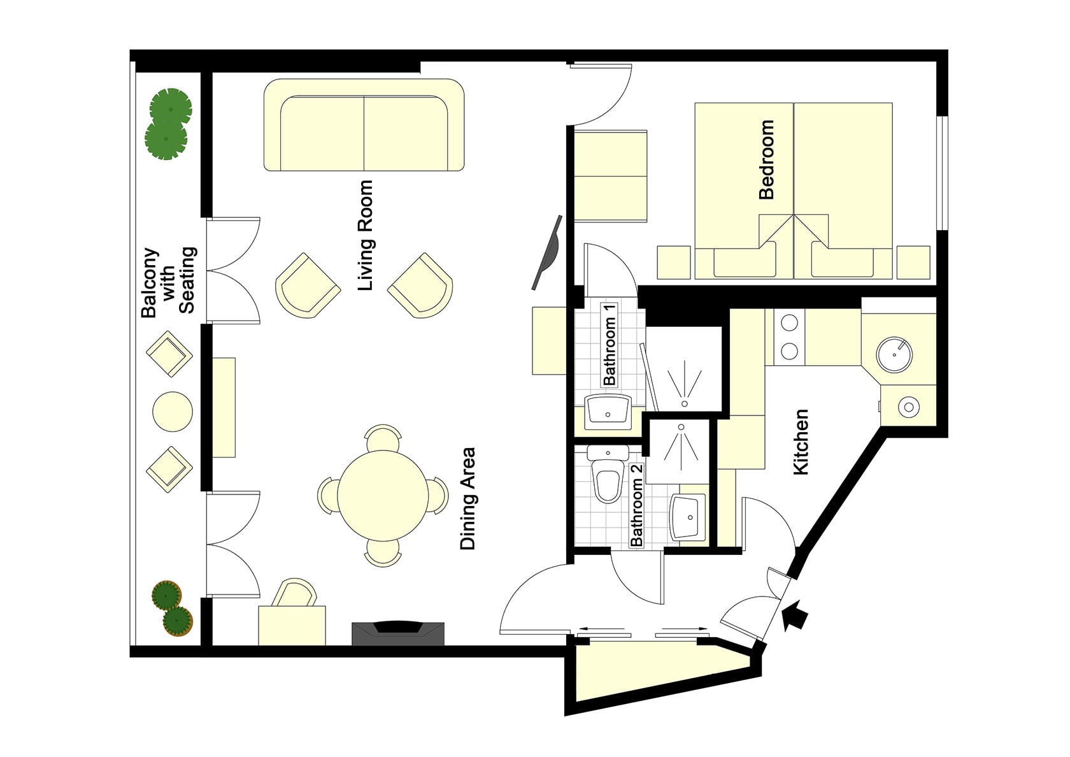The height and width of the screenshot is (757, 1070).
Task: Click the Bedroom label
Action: tap(766, 159)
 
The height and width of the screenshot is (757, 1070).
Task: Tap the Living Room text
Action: tap(366, 235)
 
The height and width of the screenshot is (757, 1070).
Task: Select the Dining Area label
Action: tap(467, 498)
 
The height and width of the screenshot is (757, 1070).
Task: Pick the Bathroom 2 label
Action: tap(636, 505)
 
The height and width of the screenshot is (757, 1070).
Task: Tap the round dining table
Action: tap(383, 496)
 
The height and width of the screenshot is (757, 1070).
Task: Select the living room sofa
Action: tap(364, 125)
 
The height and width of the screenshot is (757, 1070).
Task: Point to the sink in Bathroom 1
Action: tap(608, 409)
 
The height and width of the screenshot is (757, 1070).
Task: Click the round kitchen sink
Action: tap(894, 354)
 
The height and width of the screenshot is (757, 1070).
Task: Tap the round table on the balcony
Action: tap(173, 412)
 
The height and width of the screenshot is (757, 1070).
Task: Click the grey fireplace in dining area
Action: tap(398, 633)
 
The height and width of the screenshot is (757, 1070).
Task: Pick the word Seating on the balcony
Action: tap(187, 280)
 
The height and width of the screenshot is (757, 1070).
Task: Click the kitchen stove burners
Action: tap(788, 338)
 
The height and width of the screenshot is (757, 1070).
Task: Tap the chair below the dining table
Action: tap(383, 553)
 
